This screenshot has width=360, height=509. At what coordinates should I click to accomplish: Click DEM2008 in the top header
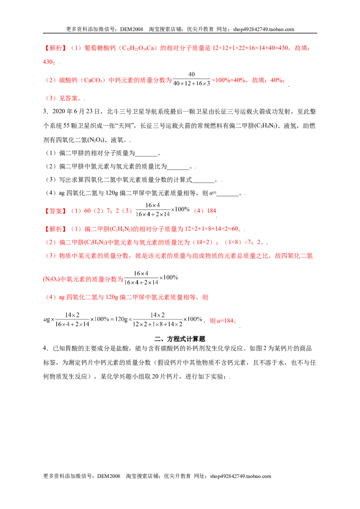(x=131, y=29)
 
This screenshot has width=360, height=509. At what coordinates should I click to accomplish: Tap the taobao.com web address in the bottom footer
(x=240, y=476)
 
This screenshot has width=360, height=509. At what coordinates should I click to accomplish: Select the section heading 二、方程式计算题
(x=180, y=339)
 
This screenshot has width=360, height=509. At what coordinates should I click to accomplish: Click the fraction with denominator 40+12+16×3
(x=191, y=79)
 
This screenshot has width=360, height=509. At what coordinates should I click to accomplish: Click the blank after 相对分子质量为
(x=146, y=153)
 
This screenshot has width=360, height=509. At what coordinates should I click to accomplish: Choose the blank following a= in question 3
(x=228, y=193)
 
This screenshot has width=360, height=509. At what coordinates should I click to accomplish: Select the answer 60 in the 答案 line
(x=87, y=211)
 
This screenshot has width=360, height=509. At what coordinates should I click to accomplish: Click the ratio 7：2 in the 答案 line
(x=112, y=211)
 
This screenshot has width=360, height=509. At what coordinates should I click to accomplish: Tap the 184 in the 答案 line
(x=211, y=211)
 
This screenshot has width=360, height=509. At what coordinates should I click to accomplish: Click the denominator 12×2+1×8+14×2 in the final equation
(x=157, y=324)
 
